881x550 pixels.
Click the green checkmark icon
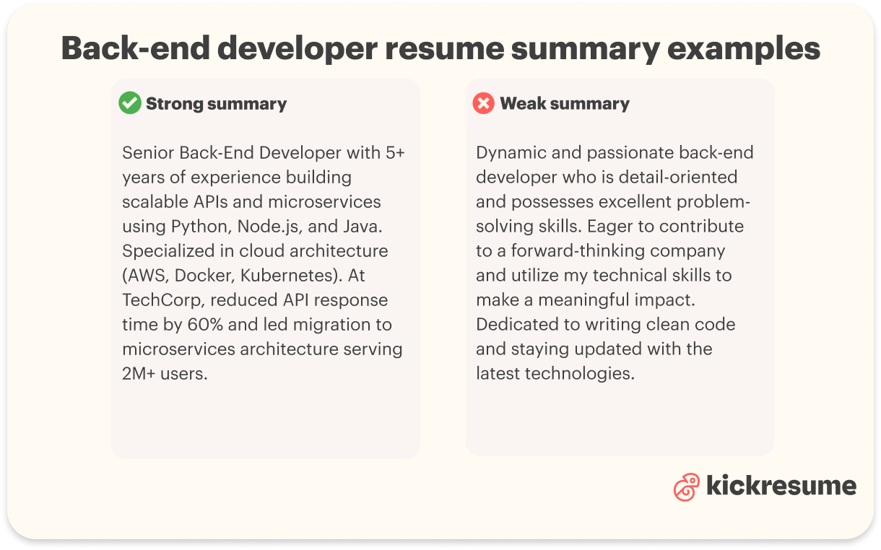[130, 103]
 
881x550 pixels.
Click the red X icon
[483, 103]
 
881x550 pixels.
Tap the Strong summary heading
[216, 104]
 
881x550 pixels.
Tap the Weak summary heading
[564, 104]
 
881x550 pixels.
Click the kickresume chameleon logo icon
[686, 487]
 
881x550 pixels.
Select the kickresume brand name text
[781, 486]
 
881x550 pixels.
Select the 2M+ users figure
[165, 373]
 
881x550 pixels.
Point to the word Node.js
[267, 226]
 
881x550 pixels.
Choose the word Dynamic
[509, 152]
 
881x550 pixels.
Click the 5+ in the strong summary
[392, 152]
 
